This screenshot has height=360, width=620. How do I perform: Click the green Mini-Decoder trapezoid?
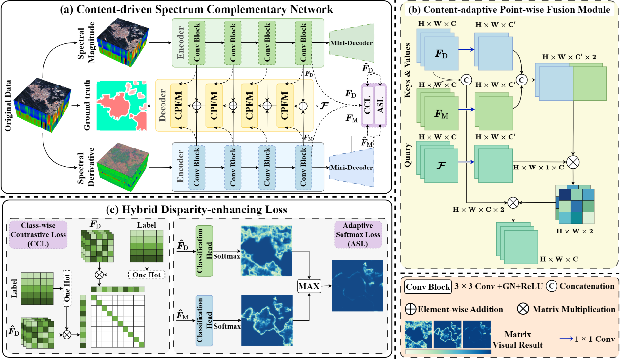coord(352,43)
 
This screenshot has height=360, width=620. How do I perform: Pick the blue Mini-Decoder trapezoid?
coord(352,168)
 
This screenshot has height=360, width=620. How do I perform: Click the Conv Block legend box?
coord(428,287)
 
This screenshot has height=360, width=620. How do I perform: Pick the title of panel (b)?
coord(508,9)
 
